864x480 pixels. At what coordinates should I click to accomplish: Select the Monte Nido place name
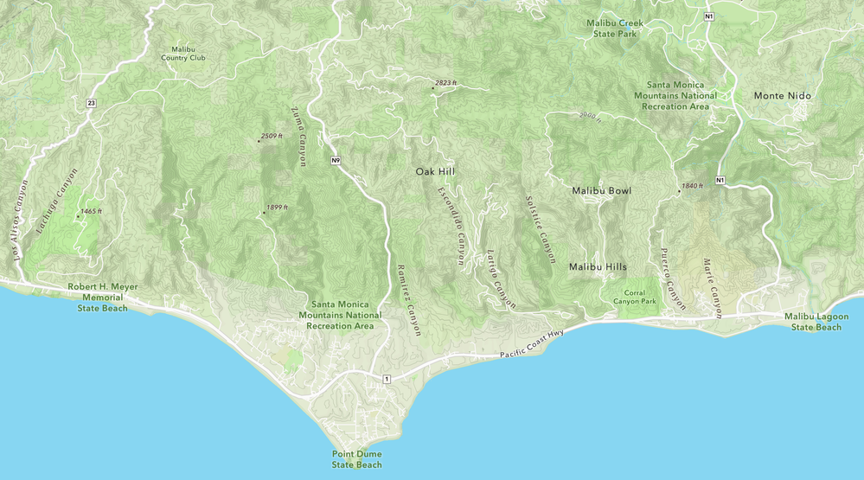pyautogui.click(x=783, y=95)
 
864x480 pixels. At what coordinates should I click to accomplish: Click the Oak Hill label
pyautogui.click(x=435, y=172)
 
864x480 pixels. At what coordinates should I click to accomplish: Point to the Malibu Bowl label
pyautogui.click(x=601, y=190)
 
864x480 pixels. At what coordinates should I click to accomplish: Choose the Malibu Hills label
pyautogui.click(x=598, y=267)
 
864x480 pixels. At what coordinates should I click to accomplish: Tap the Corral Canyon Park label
pyautogui.click(x=635, y=297)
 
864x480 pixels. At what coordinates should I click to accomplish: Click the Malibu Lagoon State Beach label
pyautogui.click(x=816, y=322)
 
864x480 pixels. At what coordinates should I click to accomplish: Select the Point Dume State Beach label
pyautogui.click(x=356, y=459)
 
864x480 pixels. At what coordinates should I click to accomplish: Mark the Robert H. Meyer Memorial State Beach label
pyautogui.click(x=102, y=297)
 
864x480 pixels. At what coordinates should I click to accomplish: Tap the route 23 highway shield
pyautogui.click(x=91, y=103)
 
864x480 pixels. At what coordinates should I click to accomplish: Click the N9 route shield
pyautogui.click(x=335, y=161)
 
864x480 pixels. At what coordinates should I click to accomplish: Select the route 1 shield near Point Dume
pyautogui.click(x=387, y=379)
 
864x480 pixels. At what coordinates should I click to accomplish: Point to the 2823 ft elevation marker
pyautogui.click(x=445, y=83)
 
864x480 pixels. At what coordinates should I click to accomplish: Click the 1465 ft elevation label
pyautogui.click(x=89, y=211)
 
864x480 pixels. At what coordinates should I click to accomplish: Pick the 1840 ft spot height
pyautogui.click(x=692, y=186)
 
